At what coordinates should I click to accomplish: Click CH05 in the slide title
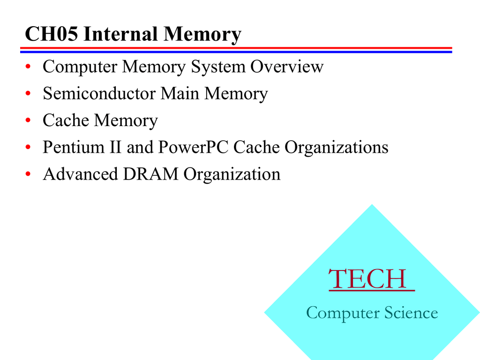[52, 33]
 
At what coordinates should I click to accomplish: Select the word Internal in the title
[120, 33]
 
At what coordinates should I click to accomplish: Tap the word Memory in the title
[202, 34]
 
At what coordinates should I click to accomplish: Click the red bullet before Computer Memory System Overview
[28, 66]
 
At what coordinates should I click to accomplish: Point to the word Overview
[287, 67]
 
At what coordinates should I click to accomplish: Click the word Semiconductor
[99, 93]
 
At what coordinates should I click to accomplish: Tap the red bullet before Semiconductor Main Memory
[28, 93]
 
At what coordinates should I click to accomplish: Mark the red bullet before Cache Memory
[28, 120]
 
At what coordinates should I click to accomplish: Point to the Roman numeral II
[115, 147]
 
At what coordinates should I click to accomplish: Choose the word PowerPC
[194, 147]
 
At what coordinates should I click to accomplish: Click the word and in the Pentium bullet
[140, 147]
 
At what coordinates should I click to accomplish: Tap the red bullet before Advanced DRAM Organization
[28, 174]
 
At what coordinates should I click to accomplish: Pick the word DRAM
[150, 174]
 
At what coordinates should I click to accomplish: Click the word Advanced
[81, 174]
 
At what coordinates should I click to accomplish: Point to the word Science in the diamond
[411, 313]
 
